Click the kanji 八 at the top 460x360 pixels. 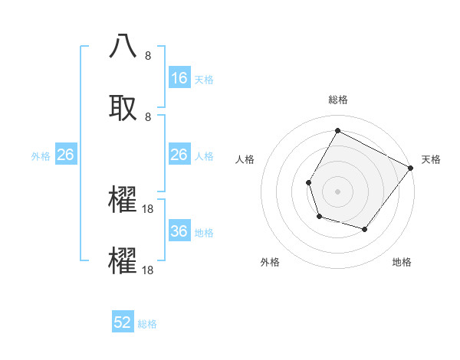pyautogui.click(x=123, y=47)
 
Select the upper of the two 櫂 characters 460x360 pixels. pyautogui.click(x=123, y=200)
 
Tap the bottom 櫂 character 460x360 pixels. pyautogui.click(x=123, y=261)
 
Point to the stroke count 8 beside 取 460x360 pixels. pyautogui.click(x=148, y=116)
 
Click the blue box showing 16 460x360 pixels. pyautogui.click(x=179, y=78)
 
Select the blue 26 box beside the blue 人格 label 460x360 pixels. pyautogui.click(x=179, y=155)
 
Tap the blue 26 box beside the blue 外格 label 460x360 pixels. pyautogui.click(x=66, y=155)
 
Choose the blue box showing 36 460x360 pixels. pyautogui.click(x=179, y=231)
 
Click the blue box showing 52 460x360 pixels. pyautogui.click(x=123, y=322)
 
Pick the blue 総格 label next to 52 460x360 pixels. pyautogui.click(x=147, y=324)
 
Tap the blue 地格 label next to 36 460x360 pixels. pyautogui.click(x=204, y=232)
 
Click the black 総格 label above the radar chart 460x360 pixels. pyautogui.click(x=338, y=100)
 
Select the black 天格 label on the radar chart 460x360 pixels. pyautogui.click(x=431, y=159)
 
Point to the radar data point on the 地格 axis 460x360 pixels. pyautogui.click(x=365, y=229)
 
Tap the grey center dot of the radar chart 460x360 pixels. pyautogui.click(x=338, y=191)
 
